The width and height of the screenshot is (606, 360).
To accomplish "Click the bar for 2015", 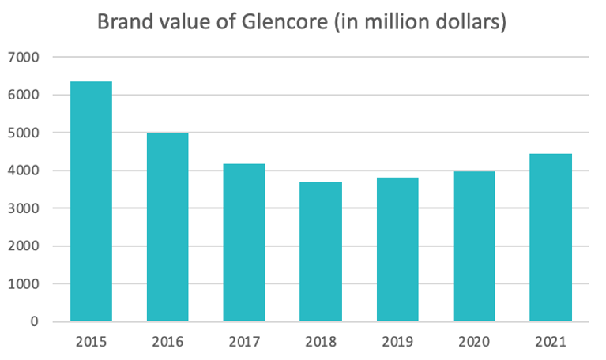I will (x=91, y=201).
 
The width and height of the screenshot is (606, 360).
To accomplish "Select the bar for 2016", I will (x=167, y=227).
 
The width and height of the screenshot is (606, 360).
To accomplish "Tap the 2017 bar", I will (x=244, y=242).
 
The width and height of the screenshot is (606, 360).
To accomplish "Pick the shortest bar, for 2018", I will (x=321, y=251).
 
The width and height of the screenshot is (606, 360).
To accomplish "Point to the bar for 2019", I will (x=397, y=249).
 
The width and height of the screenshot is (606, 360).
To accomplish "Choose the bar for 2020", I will (x=474, y=246).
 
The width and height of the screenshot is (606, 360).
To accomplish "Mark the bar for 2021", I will (x=551, y=238).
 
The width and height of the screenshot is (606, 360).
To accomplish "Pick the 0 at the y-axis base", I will (x=34, y=322).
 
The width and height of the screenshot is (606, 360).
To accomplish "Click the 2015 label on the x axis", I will (x=91, y=343).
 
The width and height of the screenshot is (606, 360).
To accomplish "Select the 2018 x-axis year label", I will (x=321, y=343).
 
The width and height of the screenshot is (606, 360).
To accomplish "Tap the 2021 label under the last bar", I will (x=551, y=343).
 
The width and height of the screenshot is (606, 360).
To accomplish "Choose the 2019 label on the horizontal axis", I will (x=397, y=343).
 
